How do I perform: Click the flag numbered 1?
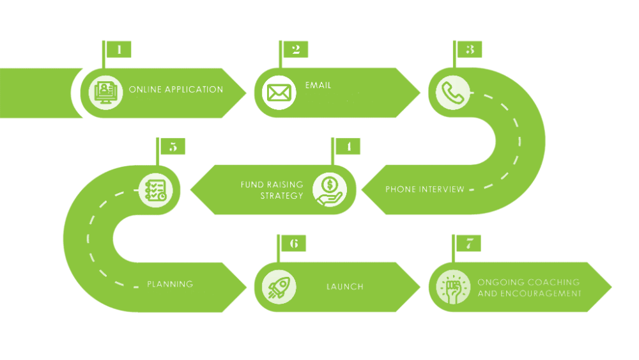click(x=119, y=49)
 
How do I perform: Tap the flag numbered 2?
click(x=295, y=49)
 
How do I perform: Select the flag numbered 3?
click(x=470, y=49)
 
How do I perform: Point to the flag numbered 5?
click(x=173, y=146)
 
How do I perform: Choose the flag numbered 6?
click(x=293, y=244)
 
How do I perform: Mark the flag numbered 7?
click(x=469, y=244)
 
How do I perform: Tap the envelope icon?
click(x=279, y=93)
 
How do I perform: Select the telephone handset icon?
click(x=452, y=93)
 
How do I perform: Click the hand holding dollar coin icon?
click(x=330, y=191)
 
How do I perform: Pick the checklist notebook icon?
click(x=155, y=190)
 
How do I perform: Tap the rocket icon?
click(x=279, y=287)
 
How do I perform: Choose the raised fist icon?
click(x=453, y=287)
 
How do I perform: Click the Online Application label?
click(x=176, y=90)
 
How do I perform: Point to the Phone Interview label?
click(x=425, y=189)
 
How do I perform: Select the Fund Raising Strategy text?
click(x=272, y=190)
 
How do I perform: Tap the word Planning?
click(x=170, y=284)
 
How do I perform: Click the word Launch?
click(x=345, y=287)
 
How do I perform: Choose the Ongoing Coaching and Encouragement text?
click(x=529, y=288)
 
